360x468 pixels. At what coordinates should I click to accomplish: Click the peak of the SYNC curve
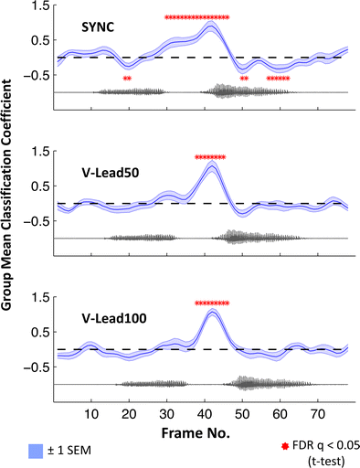[x=210, y=26]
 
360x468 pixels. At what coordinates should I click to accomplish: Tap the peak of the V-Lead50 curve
[x=211, y=165]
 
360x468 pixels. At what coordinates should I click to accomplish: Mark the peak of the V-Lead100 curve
[x=212, y=312]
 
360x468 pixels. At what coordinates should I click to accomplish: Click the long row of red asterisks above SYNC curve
[x=196, y=17]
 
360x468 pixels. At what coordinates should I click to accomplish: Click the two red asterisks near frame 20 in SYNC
[x=127, y=79]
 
